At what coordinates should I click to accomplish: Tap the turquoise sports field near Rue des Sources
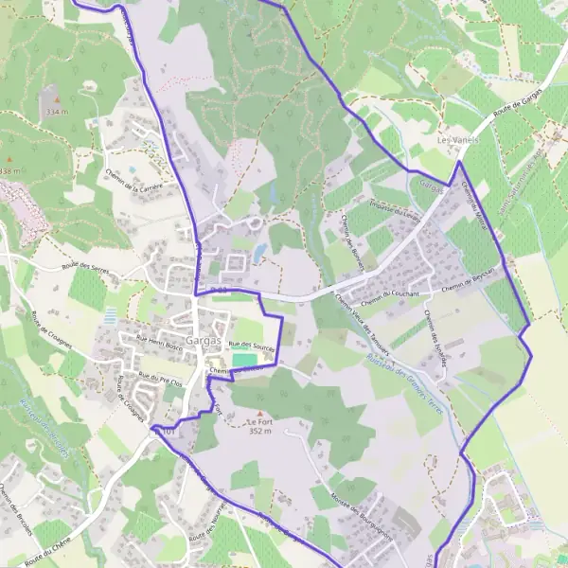pyautogui.click(x=243, y=360)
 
